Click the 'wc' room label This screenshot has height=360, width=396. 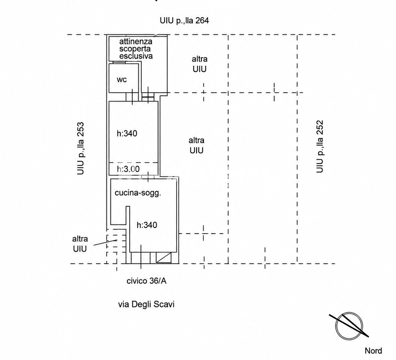[x=122, y=80]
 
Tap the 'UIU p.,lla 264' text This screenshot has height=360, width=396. [x=184, y=21]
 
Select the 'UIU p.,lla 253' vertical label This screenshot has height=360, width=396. [x=80, y=148]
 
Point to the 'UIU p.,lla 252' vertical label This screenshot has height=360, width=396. [x=320, y=147]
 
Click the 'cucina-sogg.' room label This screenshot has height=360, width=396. [x=138, y=193]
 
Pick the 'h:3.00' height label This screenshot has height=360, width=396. [x=128, y=169]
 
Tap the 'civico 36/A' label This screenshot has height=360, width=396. [x=147, y=281]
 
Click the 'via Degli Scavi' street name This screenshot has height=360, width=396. [x=146, y=304]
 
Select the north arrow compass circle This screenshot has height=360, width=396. [x=349, y=326]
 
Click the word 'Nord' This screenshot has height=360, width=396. [x=373, y=351]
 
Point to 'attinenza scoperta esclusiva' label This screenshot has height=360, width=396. [x=136, y=49]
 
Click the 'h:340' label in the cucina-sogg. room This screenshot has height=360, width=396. [x=147, y=225]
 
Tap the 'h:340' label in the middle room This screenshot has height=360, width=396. [x=127, y=134]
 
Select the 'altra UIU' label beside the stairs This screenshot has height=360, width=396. [x=80, y=244]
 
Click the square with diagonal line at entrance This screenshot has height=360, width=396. [x=164, y=258]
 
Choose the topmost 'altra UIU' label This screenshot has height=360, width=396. [x=199, y=64]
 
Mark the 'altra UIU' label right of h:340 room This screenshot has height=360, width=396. [x=197, y=145]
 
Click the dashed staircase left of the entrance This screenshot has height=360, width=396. [x=116, y=246]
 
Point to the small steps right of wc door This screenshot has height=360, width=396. [x=148, y=97]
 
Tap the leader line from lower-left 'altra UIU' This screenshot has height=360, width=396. [x=105, y=242]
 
